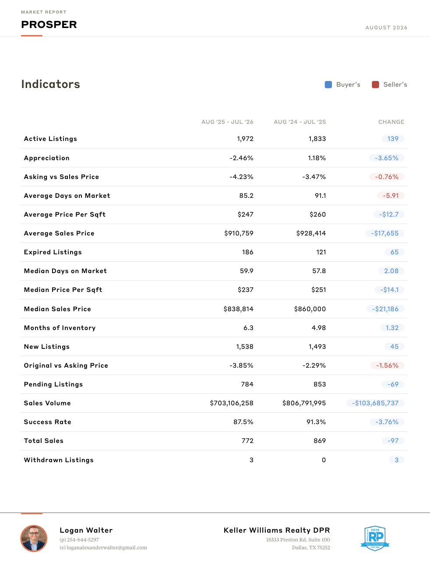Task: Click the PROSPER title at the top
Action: [49, 25]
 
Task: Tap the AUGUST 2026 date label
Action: [386, 28]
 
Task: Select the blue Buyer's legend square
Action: [328, 84]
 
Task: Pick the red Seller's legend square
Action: [375, 84]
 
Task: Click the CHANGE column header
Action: [391, 122]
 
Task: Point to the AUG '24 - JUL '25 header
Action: [300, 122]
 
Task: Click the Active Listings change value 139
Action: [393, 139]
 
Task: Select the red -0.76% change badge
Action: [387, 177]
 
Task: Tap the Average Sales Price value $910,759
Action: [239, 233]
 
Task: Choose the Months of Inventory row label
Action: [60, 328]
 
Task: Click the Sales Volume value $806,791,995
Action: [304, 403]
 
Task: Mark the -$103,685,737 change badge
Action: [375, 403]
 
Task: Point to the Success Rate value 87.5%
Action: [243, 422]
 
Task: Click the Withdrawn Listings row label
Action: [59, 460]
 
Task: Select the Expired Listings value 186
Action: [248, 252]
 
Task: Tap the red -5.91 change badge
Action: [391, 196]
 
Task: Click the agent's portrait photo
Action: [34, 538]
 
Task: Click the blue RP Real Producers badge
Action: [375, 538]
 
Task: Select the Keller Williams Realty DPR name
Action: [277, 530]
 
